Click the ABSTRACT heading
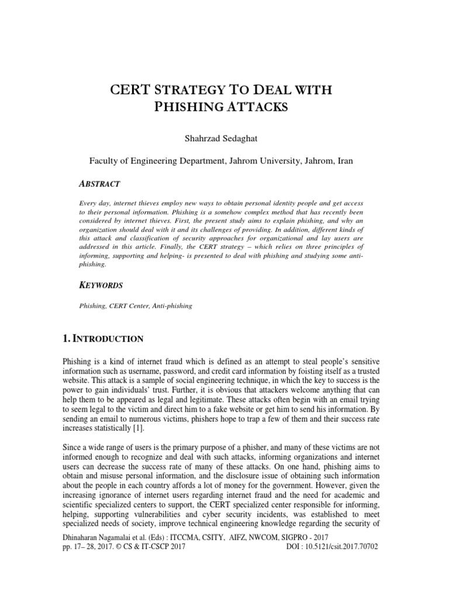coord(99,184)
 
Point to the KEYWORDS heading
coord(101,286)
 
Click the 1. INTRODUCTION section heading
coord(110,339)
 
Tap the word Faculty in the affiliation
coord(103,159)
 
